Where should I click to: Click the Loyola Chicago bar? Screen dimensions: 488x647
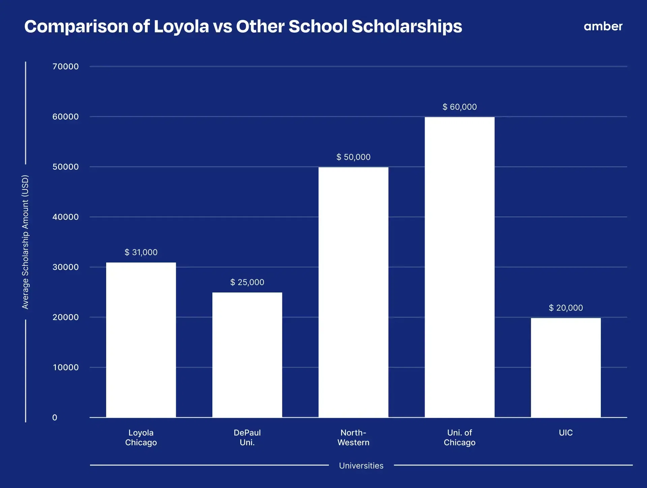[141, 340]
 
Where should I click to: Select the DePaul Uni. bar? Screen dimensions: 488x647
[247, 355]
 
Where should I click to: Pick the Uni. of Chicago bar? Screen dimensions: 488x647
[459, 267]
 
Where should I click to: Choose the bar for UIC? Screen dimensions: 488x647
[565, 368]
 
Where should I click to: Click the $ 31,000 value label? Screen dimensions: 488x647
[141, 252]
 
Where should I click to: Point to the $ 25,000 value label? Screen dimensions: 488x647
[247, 282]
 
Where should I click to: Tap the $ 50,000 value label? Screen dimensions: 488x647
[353, 157]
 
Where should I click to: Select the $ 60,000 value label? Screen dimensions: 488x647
[459, 107]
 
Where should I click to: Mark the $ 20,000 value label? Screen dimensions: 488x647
[565, 308]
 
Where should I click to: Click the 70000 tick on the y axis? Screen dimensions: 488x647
[65, 66]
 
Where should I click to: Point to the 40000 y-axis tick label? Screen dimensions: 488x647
[65, 217]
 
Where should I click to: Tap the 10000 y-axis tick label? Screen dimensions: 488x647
[65, 367]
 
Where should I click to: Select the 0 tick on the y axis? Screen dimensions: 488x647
[55, 417]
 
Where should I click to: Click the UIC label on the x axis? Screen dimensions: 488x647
[565, 432]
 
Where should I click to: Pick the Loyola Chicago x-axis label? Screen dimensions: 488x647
[141, 437]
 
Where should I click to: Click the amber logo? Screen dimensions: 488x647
[603, 26]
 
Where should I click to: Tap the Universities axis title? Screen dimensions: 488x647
[361, 465]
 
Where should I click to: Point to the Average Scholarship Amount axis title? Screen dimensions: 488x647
[25, 242]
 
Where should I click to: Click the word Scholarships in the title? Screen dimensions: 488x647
[406, 26]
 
